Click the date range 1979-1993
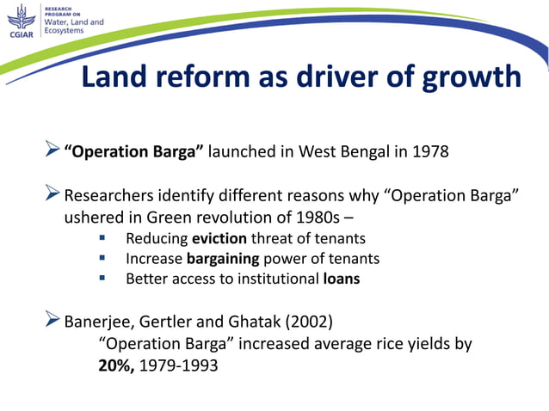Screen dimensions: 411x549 coord(182,365)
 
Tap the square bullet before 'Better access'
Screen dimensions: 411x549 coord(102,278)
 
